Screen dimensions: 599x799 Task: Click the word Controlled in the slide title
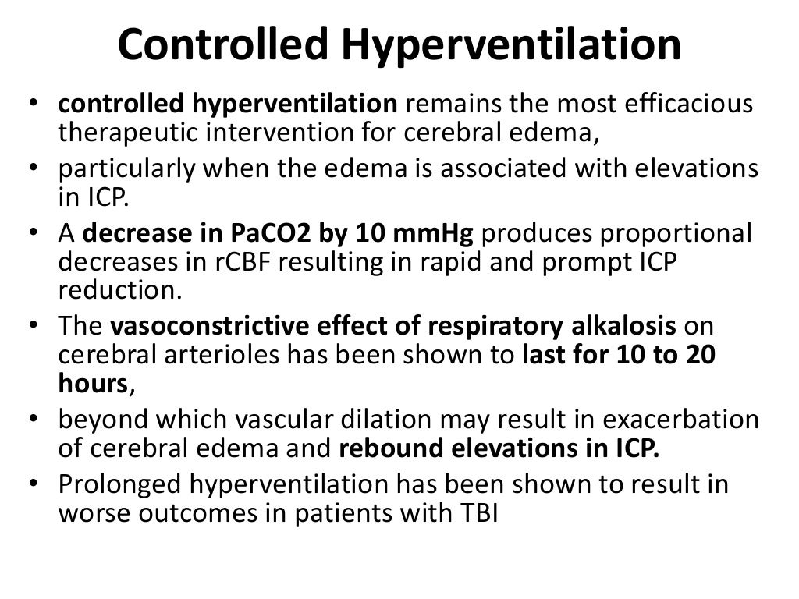[x=223, y=44]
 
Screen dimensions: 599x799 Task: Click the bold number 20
[x=700, y=353]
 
